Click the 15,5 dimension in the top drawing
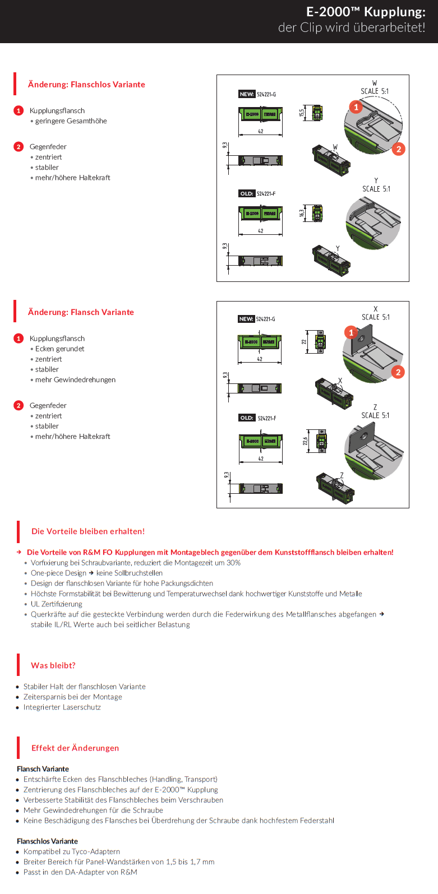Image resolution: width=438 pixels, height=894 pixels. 302,113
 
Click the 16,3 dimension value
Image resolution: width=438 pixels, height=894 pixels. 302,213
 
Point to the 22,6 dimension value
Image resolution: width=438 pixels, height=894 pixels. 305,441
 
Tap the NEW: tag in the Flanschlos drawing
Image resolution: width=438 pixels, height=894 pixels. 247,94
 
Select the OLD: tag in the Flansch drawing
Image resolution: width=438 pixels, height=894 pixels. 247,418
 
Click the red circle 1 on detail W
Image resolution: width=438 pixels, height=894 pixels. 356,107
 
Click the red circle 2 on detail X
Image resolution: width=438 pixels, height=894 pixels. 398,372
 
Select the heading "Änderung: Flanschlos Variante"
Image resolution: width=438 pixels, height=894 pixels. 86,85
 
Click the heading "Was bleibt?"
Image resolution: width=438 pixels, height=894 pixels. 53,665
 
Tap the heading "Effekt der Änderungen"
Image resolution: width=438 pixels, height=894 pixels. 75,748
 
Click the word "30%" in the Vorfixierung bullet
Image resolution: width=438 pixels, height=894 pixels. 233,563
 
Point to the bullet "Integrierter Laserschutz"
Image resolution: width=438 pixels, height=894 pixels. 62,707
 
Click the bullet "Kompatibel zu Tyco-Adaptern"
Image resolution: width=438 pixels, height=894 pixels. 72,851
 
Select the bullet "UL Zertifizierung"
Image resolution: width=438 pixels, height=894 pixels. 56,604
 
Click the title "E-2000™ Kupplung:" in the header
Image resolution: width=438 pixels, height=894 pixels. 365,12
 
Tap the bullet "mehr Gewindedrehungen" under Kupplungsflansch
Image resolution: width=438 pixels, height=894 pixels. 75,379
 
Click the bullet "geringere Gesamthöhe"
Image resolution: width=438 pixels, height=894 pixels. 71,121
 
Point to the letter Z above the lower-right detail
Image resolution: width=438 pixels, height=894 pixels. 375,407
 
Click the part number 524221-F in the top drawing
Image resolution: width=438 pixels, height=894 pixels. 266,194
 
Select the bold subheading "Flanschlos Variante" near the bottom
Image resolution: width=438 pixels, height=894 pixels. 48,841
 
